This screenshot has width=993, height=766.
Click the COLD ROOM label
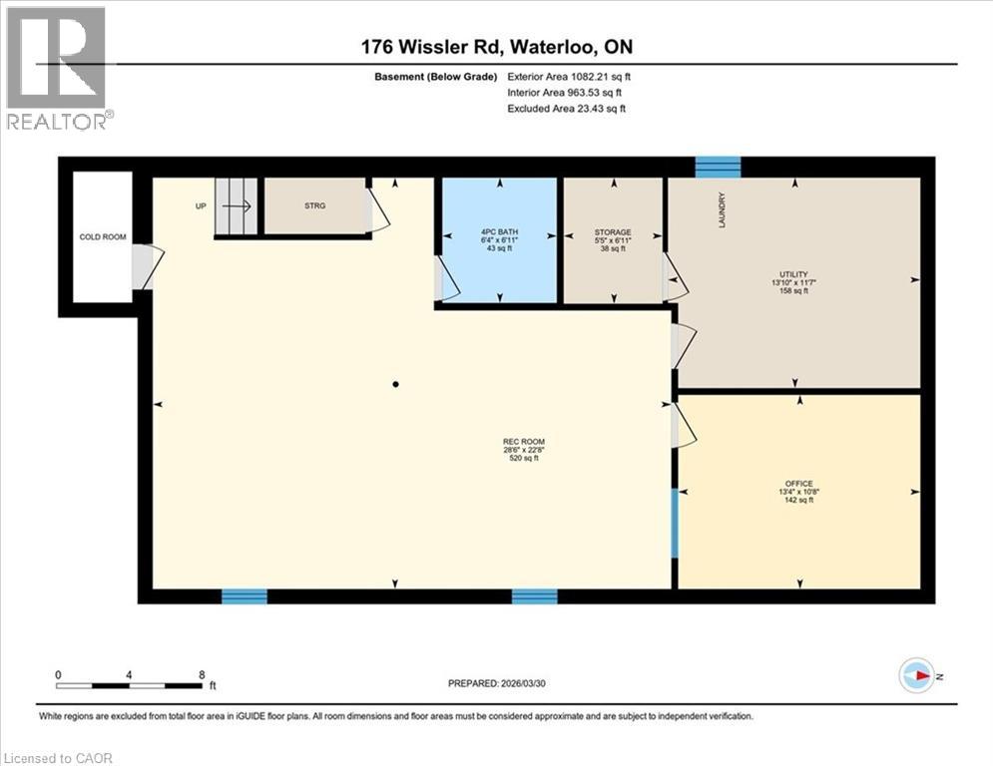103,236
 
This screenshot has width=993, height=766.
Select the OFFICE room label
797,483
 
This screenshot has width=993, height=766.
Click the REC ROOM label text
524,442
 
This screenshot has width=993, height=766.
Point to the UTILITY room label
793,275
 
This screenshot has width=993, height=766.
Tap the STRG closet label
315,205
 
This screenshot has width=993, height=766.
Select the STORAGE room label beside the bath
612,232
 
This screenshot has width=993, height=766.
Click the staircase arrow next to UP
237,205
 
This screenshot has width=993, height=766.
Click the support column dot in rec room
396,384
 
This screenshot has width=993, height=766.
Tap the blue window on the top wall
718,165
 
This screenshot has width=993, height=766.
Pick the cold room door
145,266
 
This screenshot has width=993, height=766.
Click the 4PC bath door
445,280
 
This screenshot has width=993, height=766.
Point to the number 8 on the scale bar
202,674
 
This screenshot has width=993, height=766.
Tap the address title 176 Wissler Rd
496,47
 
